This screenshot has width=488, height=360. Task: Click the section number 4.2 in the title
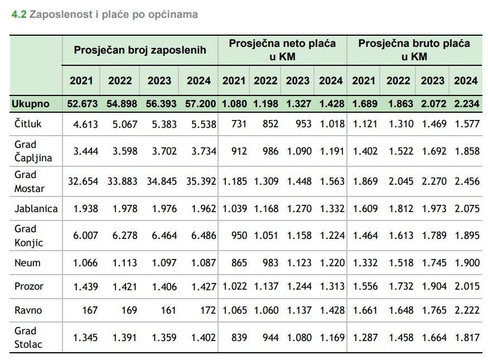18,15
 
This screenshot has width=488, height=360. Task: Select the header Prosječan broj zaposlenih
140,50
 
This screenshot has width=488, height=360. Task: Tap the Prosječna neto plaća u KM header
282,50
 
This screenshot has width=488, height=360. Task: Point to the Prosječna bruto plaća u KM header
414,50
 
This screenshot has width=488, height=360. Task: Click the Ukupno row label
32,104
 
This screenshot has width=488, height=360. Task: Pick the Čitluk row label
27,124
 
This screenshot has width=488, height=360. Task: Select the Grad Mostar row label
28,181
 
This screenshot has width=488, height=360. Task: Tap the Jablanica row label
36,209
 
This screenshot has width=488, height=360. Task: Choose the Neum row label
27,262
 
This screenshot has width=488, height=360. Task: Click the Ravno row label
28,310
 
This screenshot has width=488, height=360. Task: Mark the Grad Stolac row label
28,338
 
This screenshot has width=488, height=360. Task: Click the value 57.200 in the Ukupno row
199,104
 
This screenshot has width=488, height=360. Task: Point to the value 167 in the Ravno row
90,310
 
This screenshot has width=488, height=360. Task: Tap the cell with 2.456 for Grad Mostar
466,181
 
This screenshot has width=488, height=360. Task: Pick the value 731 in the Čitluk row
238,124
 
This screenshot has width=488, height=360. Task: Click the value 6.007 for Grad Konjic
86,236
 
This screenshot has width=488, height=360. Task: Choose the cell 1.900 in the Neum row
466,262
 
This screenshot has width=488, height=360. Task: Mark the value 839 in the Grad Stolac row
238,338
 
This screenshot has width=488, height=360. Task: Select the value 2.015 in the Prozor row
466,286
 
